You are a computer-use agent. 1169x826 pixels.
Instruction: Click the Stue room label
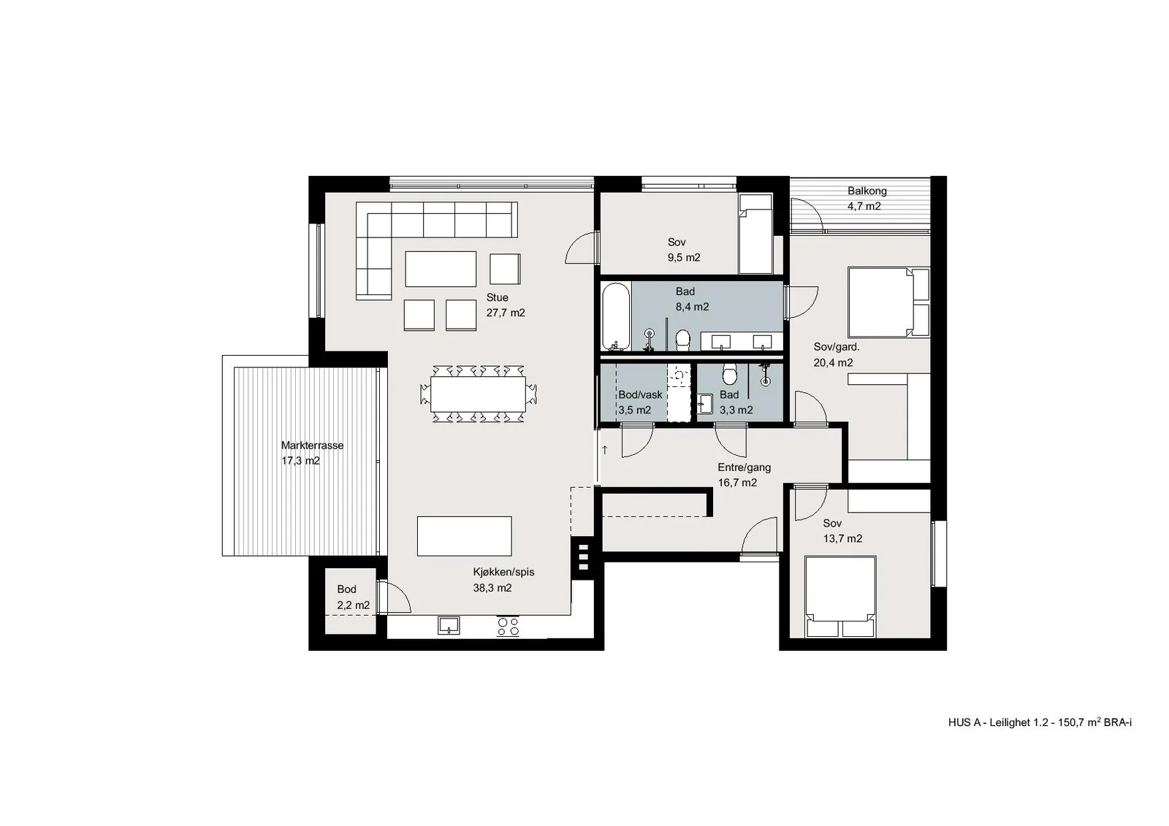pyautogui.click(x=497, y=297)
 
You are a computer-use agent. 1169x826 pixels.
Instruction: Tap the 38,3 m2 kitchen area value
pyautogui.click(x=492, y=588)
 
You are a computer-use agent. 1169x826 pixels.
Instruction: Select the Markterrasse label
pyautogui.click(x=312, y=445)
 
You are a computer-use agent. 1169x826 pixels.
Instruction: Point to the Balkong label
pyautogui.click(x=867, y=191)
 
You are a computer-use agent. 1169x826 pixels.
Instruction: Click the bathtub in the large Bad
pyautogui.click(x=616, y=317)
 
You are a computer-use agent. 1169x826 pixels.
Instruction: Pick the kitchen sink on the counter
pyautogui.click(x=449, y=625)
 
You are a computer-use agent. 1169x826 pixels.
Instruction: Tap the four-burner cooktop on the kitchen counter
pyautogui.click(x=509, y=626)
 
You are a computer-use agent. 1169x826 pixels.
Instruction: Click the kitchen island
pyautogui.click(x=464, y=536)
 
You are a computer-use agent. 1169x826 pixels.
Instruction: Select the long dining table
pyautogui.click(x=478, y=394)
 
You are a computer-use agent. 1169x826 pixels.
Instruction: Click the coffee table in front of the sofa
pyautogui.click(x=441, y=269)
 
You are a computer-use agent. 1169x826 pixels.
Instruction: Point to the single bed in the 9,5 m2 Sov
pyautogui.click(x=755, y=234)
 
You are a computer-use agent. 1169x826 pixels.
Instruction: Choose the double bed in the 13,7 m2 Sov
pyautogui.click(x=839, y=597)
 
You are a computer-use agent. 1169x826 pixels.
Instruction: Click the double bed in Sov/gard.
pyautogui.click(x=888, y=302)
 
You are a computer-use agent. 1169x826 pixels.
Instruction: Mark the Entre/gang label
pyautogui.click(x=745, y=467)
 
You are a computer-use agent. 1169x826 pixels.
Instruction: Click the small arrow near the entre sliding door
pyautogui.click(x=605, y=449)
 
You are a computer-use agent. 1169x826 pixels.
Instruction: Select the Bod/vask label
pyautogui.click(x=640, y=395)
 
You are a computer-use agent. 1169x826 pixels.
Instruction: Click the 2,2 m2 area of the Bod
pyautogui.click(x=354, y=605)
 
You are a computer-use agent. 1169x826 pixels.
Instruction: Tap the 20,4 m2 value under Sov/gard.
pyautogui.click(x=834, y=363)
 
